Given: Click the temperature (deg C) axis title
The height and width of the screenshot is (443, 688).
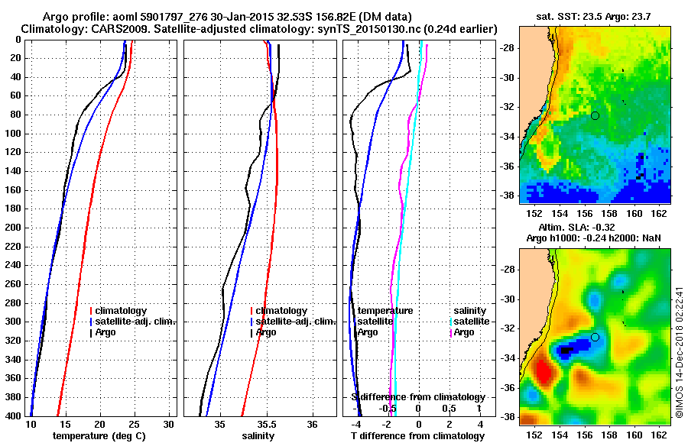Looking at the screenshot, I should (x=99, y=436).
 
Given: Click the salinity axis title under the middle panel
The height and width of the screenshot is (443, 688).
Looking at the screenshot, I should (x=258, y=436).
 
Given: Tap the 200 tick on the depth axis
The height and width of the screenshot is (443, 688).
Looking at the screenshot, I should (x=12, y=227).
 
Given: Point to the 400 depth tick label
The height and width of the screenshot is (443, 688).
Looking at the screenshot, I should (x=12, y=415).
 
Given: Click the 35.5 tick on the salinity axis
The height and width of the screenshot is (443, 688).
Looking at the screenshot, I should (x=266, y=424).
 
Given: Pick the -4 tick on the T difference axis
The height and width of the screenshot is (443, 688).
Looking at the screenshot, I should (x=356, y=424).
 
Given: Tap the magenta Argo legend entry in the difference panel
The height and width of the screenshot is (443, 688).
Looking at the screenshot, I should (x=463, y=332).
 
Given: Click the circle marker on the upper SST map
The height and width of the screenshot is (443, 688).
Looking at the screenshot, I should (x=595, y=115).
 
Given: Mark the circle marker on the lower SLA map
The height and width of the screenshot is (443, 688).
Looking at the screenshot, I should (x=595, y=337).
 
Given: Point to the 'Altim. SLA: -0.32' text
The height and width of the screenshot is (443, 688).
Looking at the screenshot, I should (x=593, y=228).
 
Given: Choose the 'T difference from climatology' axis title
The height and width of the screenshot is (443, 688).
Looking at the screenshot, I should (x=417, y=436).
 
